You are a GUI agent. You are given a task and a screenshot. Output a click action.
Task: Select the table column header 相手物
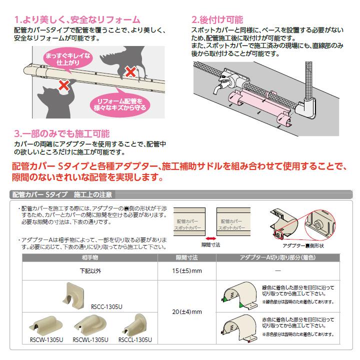(90, 257)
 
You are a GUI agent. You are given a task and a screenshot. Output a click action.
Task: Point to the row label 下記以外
(90, 271)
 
